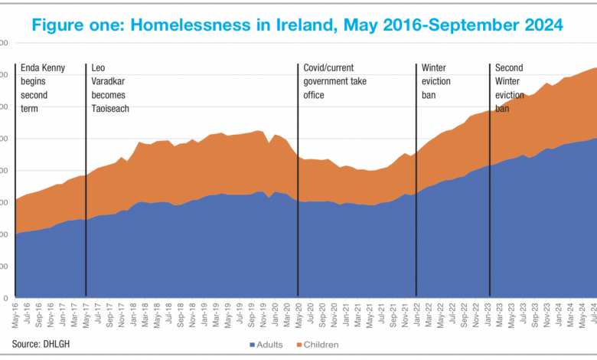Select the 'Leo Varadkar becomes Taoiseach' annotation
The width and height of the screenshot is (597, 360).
pyautogui.click(x=110, y=88)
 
